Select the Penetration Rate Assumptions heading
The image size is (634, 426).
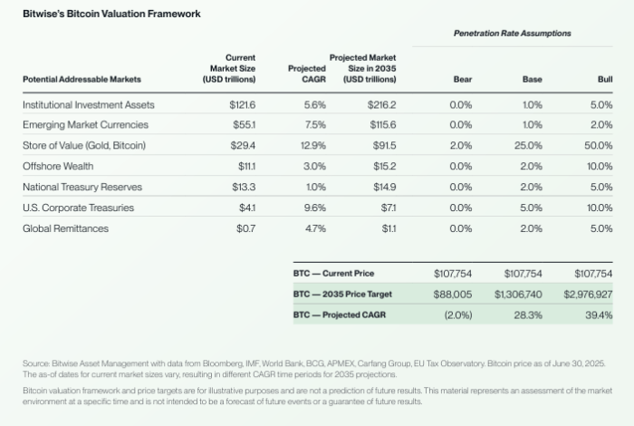pyautogui.click(x=512, y=34)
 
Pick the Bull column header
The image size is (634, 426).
pyautogui.click(x=604, y=80)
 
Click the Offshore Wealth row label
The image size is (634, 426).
pyautogui.click(x=58, y=167)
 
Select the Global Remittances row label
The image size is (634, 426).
pyautogui.click(x=65, y=228)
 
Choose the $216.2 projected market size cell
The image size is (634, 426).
pyautogui.click(x=381, y=104)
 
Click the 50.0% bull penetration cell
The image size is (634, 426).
pyautogui.click(x=599, y=146)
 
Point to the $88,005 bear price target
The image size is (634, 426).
pyautogui.click(x=453, y=294)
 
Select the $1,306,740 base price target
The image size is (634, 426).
pyautogui.click(x=518, y=294)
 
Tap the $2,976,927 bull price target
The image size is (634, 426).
pyautogui.click(x=588, y=294)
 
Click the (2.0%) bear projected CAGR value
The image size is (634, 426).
pyautogui.click(x=458, y=315)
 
